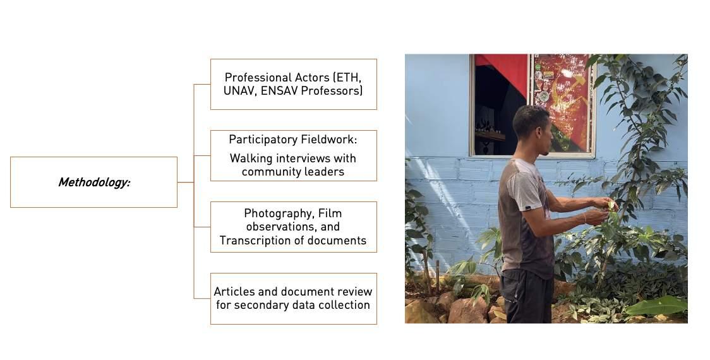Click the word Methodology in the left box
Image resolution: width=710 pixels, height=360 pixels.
tap(93, 183)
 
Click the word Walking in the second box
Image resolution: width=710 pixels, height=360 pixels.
tap(251, 158)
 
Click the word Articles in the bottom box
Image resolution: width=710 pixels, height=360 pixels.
tap(236, 292)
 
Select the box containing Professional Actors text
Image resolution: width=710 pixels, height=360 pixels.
tap(293, 84)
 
